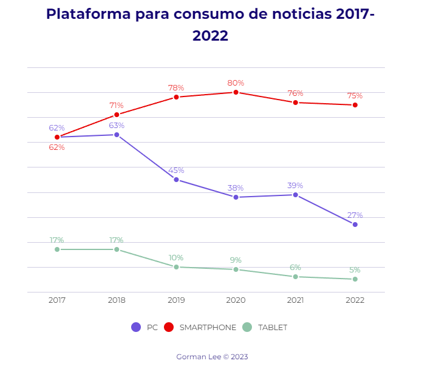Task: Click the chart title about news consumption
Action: [210, 24]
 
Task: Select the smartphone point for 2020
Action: [236, 92]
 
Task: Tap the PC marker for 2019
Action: [176, 180]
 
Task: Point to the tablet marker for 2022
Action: [355, 279]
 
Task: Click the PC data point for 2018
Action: [117, 135]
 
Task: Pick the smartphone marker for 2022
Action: [355, 105]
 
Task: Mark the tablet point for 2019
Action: [176, 267]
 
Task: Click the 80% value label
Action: [236, 83]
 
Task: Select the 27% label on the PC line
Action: [355, 215]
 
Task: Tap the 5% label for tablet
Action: [355, 270]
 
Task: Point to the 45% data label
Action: [176, 171]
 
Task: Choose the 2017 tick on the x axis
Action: [57, 300]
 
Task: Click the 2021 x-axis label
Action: [295, 300]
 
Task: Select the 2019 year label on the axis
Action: [176, 300]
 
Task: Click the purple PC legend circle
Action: [136, 327]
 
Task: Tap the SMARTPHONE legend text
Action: [208, 328]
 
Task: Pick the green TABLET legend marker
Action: [247, 327]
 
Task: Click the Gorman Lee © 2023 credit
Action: [212, 357]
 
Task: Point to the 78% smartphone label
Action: [176, 88]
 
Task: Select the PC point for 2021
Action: [295, 195]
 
